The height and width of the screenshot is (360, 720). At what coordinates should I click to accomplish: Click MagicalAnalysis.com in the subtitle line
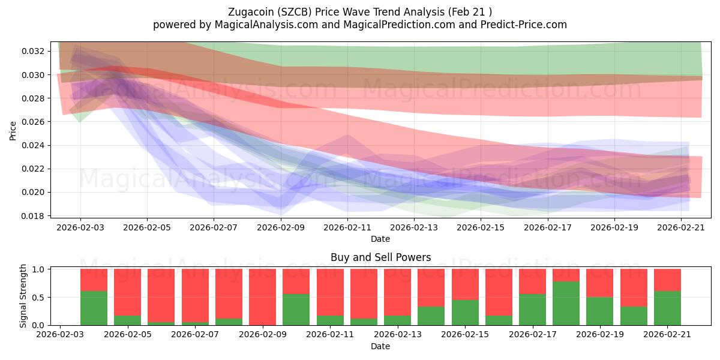pos(266,25)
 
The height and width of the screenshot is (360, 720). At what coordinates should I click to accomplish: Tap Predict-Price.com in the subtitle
pos(523,25)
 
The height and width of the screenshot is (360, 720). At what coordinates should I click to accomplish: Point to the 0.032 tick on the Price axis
pos(35,51)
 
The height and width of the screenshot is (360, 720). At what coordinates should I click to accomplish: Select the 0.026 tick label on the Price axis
pos(35,122)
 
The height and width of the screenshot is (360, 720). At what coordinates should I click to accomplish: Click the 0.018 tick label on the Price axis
pos(35,216)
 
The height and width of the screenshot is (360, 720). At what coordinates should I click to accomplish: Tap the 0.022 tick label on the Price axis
pos(35,169)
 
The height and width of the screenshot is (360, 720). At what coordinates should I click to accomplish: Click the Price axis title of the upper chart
pos(13,131)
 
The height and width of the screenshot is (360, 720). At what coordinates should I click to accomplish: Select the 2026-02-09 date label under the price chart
pos(281,227)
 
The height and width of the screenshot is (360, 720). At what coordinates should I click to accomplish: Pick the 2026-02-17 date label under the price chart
pos(548,227)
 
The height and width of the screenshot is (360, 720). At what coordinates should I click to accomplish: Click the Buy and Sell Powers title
pos(380,257)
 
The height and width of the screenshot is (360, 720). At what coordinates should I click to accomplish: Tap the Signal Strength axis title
pos(23,296)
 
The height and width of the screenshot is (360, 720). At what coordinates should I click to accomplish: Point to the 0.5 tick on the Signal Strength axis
pos(40,298)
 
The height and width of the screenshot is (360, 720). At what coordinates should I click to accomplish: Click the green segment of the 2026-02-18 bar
pos(566,303)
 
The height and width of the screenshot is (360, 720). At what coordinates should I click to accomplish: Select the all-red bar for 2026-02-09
pos(263,297)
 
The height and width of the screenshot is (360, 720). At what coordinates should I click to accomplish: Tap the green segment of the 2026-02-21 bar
pos(667,308)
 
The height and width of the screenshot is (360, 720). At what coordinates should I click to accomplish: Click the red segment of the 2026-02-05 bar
pos(128,292)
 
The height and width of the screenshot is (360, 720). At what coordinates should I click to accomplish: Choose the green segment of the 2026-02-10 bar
pos(296,309)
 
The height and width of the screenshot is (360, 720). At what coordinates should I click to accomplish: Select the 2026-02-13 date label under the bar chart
pos(398,335)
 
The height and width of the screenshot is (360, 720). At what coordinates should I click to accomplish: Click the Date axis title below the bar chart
pos(380,347)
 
